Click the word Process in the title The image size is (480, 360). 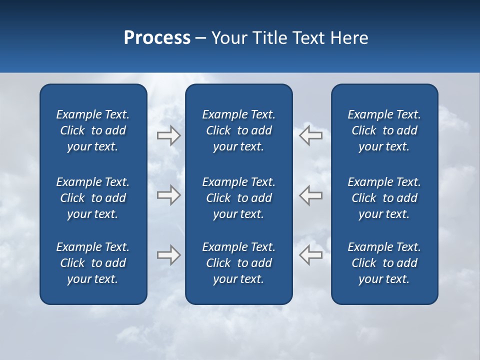tap(157, 38)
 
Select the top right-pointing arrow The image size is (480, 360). tap(168, 135)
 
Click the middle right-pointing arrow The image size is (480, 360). tap(168, 194)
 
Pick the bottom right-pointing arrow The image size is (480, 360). tap(168, 255)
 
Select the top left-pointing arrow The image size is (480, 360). tap(310, 135)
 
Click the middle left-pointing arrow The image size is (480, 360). tap(310, 194)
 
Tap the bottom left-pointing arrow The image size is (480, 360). tap(310, 255)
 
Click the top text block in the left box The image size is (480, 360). tap(93, 130)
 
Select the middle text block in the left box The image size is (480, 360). tap(93, 198)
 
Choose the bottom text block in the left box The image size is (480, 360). tap(93, 263)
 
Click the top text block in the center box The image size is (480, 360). tap(238, 130)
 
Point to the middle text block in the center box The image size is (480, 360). tap(238, 198)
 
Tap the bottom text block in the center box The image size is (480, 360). tap(238, 263)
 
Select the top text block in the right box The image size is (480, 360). tap(384, 130)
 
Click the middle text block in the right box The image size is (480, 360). tap(384, 198)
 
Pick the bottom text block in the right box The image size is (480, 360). tap(384, 263)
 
